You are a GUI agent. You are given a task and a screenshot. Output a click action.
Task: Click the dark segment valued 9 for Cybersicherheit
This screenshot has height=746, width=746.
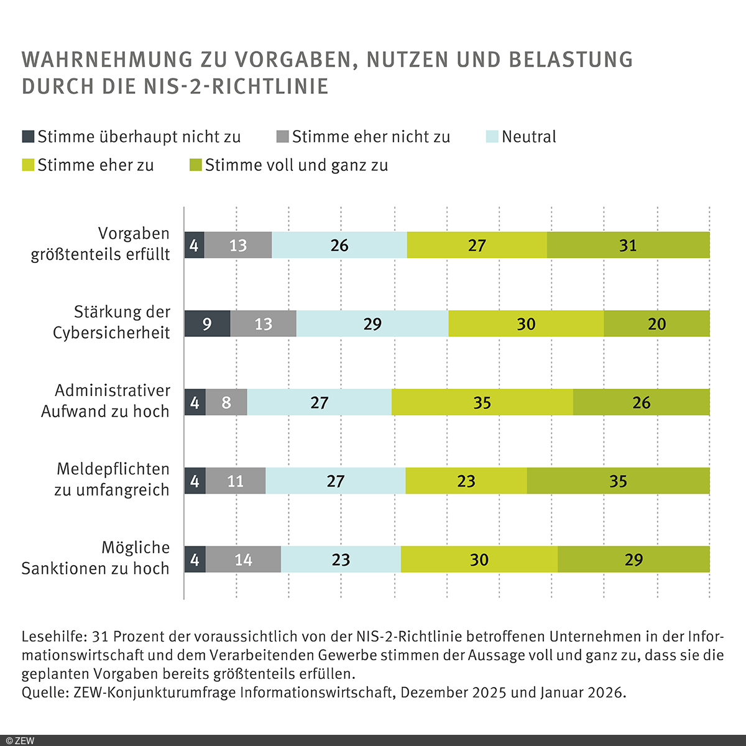[208, 323]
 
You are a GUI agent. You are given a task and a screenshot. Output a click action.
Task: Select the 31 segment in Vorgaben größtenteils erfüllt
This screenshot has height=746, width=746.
[628, 245]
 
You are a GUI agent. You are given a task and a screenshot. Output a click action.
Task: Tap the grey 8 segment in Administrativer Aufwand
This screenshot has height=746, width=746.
[226, 402]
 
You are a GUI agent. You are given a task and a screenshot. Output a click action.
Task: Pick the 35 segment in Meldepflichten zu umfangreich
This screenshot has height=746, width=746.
[618, 481]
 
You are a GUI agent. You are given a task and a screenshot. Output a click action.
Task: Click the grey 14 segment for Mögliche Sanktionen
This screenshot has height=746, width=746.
[243, 559]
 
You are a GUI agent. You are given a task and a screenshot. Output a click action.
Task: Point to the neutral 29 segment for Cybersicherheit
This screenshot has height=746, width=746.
[372, 323]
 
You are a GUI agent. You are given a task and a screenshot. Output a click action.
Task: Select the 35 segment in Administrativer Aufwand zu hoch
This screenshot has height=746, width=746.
[482, 402]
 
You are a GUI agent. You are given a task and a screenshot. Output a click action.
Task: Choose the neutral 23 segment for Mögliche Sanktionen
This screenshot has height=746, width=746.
[341, 559]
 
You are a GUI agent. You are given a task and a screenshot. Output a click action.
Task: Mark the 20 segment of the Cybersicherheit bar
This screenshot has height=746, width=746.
[656, 323]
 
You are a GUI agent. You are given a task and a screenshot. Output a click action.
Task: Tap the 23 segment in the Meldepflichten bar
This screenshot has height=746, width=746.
[466, 481]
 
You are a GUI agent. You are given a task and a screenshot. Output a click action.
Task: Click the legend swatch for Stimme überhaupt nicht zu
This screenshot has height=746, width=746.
[28, 137]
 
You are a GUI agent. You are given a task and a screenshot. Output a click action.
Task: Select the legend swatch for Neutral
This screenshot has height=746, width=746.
[492, 137]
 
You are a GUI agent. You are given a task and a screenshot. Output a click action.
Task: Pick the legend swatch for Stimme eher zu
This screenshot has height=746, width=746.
[28, 165]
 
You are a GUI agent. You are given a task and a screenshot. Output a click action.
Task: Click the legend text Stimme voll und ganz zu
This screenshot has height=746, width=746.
[297, 165]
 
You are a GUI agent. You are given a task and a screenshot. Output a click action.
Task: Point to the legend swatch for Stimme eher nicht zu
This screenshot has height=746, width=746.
[283, 137]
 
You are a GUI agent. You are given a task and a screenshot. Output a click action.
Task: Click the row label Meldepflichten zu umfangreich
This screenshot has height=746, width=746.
[112, 479]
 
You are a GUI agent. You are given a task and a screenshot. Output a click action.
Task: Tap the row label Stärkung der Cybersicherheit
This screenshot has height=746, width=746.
[112, 322]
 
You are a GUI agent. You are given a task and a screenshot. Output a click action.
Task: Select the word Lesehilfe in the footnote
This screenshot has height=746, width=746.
[53, 637]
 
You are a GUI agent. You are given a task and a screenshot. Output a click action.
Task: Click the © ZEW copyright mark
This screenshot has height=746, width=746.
[20, 740]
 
